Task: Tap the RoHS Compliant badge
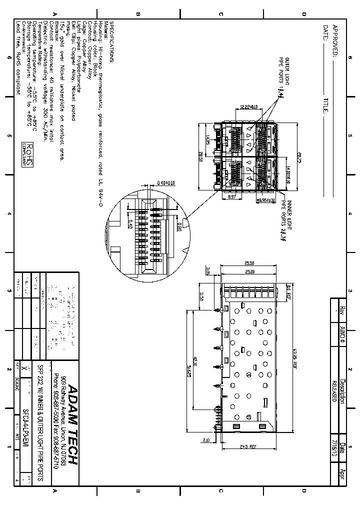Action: click(29, 154)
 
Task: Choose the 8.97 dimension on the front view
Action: click(232, 197)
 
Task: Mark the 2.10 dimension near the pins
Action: click(207, 440)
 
